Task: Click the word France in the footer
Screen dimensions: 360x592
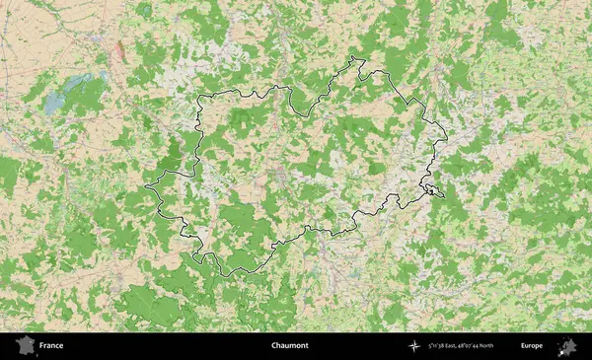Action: pos(51,346)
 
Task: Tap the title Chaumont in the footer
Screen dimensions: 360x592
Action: pos(289,346)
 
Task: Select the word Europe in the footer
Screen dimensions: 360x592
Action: pos(532,346)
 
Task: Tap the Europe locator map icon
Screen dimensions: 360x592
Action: pos(567,346)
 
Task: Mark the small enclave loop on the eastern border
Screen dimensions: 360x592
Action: pos(432,188)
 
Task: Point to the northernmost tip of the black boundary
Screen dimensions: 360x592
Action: pos(356,60)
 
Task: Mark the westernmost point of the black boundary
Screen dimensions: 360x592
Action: pos(146,184)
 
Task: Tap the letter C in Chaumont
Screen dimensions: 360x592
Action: pos(272,346)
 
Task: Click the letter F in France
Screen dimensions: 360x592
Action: pos(41,346)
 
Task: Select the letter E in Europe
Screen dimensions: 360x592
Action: pos(523,346)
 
